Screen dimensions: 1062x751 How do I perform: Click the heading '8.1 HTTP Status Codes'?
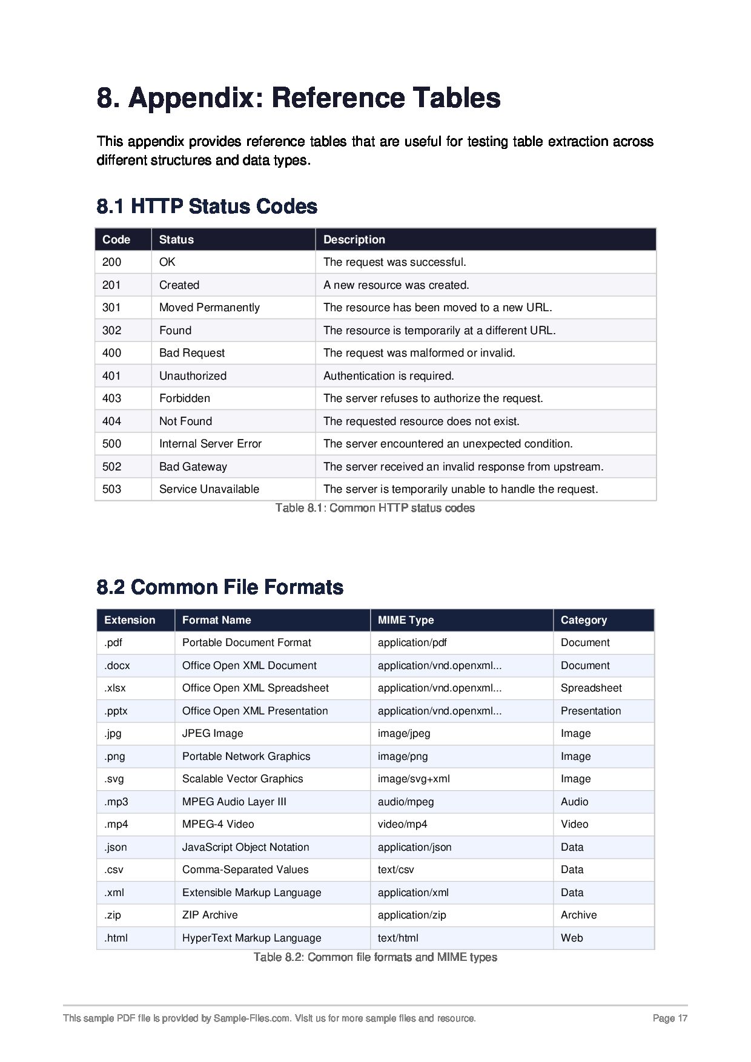(x=207, y=206)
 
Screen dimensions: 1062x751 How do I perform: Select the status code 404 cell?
(x=111, y=421)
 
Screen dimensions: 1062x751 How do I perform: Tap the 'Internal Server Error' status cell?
(x=210, y=444)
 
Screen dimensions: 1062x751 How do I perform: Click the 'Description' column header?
(x=354, y=240)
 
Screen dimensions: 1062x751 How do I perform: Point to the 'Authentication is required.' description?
(x=388, y=376)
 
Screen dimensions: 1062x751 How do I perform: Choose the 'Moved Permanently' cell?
(x=209, y=308)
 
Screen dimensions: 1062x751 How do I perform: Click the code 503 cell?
(x=111, y=489)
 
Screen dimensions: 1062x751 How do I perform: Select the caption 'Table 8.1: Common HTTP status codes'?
(x=375, y=508)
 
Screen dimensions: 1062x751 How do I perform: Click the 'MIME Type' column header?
(x=405, y=620)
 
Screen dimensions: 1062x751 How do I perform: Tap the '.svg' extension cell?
(x=114, y=779)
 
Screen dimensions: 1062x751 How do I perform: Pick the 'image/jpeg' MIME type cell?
(x=404, y=734)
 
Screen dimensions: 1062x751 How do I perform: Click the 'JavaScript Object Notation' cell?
(x=245, y=847)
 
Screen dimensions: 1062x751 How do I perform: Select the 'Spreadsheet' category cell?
(x=591, y=688)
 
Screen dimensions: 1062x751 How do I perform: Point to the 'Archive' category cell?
(x=578, y=915)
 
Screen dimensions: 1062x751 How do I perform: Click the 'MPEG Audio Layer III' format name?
(x=234, y=802)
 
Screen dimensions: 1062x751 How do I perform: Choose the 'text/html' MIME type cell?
(x=398, y=938)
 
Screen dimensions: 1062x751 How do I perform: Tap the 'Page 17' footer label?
(x=670, y=1018)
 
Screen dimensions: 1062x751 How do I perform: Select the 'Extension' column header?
(x=130, y=620)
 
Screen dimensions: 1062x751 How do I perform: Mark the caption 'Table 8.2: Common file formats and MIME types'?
(x=375, y=957)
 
